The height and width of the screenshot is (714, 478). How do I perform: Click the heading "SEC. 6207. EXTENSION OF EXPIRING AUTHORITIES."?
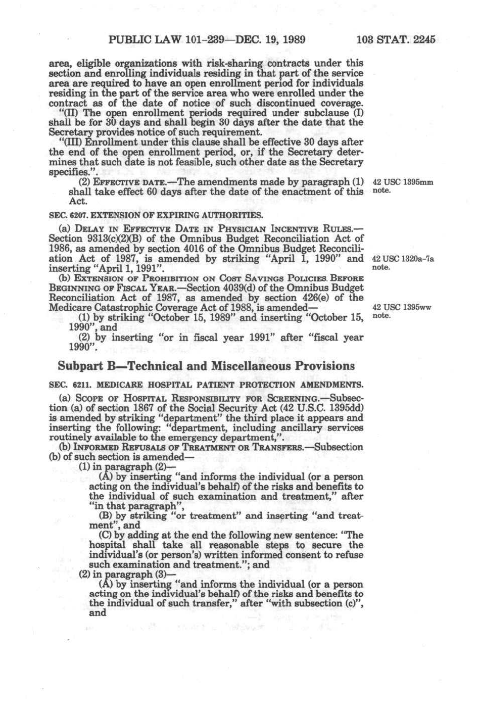[156, 215]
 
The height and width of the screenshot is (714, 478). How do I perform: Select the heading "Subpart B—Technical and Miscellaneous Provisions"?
[206, 366]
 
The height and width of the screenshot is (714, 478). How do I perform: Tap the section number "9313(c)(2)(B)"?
[109, 238]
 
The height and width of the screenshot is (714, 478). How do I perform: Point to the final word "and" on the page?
[98, 613]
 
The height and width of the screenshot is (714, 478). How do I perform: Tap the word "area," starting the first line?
[59, 64]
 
